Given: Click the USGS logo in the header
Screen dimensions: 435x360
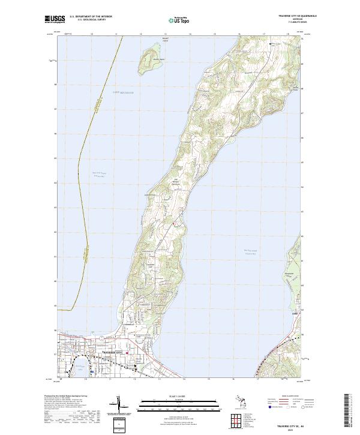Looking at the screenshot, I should click(x=55, y=20).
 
